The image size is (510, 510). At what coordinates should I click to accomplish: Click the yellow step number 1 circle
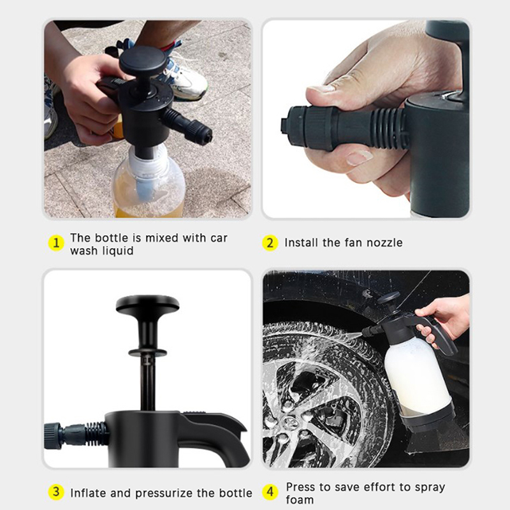[x=56, y=244]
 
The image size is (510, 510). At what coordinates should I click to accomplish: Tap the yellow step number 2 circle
[x=270, y=243]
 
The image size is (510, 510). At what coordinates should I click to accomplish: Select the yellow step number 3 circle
[x=56, y=492]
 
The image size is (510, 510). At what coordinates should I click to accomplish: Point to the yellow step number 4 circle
[x=270, y=492]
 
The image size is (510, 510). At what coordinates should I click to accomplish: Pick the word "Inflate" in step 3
[x=89, y=493]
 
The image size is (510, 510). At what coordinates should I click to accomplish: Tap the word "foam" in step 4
[x=300, y=500]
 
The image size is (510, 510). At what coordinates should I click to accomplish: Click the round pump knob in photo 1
[x=142, y=61]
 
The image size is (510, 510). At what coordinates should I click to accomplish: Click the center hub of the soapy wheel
[x=291, y=422]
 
